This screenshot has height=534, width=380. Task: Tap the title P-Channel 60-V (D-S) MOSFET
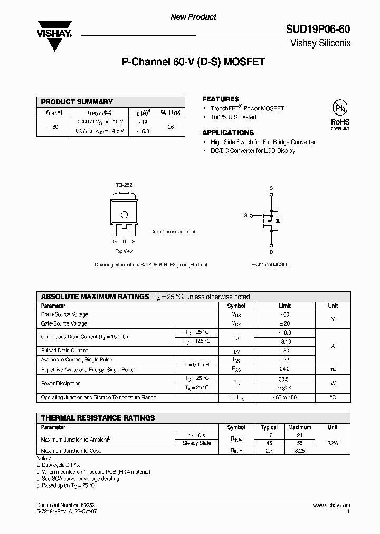(x=193, y=62)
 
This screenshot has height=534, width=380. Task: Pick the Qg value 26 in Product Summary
(x=170, y=127)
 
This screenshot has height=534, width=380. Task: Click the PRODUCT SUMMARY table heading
(x=77, y=102)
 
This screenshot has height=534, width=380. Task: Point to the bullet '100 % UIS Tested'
(x=233, y=117)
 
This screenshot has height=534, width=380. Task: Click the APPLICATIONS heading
(x=228, y=132)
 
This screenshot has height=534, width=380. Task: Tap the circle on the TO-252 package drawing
(x=124, y=214)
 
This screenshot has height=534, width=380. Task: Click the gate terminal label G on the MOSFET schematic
(x=245, y=216)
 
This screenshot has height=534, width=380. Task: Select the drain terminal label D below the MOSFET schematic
(x=271, y=252)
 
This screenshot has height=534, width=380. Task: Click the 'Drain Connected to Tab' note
(x=174, y=232)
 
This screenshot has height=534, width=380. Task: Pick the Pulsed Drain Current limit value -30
(x=284, y=351)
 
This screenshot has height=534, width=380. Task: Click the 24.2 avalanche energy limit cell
(x=284, y=369)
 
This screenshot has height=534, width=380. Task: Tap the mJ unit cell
(x=332, y=369)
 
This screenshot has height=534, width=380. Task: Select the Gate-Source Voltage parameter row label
(x=64, y=323)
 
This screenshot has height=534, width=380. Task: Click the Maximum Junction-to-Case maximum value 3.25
(x=299, y=451)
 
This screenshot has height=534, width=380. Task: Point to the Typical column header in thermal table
(x=270, y=427)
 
